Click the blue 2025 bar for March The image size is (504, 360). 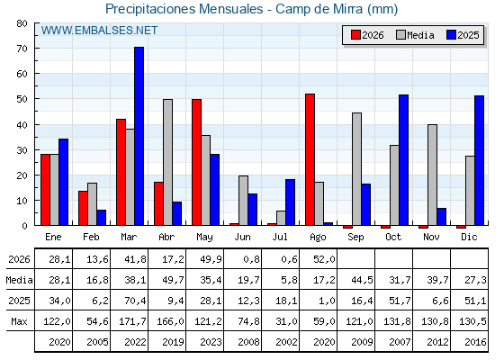click(x=139, y=136)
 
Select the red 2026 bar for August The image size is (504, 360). click(x=310, y=159)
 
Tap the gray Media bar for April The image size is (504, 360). click(x=167, y=162)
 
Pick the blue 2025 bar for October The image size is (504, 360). click(x=404, y=160)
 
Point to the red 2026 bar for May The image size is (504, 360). click(x=196, y=162)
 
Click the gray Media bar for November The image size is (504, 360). click(x=432, y=175)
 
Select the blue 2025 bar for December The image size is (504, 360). click(x=479, y=160)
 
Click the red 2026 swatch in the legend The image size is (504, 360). click(x=355, y=35)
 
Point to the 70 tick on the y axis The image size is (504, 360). click(x=22, y=49)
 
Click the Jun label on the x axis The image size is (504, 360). click(x=242, y=238)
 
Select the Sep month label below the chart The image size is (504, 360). click(x=355, y=238)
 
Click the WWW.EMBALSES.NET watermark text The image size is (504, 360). click(x=99, y=31)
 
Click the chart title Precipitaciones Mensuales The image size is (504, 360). click(x=184, y=9)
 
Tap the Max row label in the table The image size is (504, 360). click(x=19, y=321)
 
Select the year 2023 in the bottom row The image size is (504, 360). click(x=211, y=342)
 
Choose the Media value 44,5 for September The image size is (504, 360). click(x=362, y=280)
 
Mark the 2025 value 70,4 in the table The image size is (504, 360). click(x=135, y=301)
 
